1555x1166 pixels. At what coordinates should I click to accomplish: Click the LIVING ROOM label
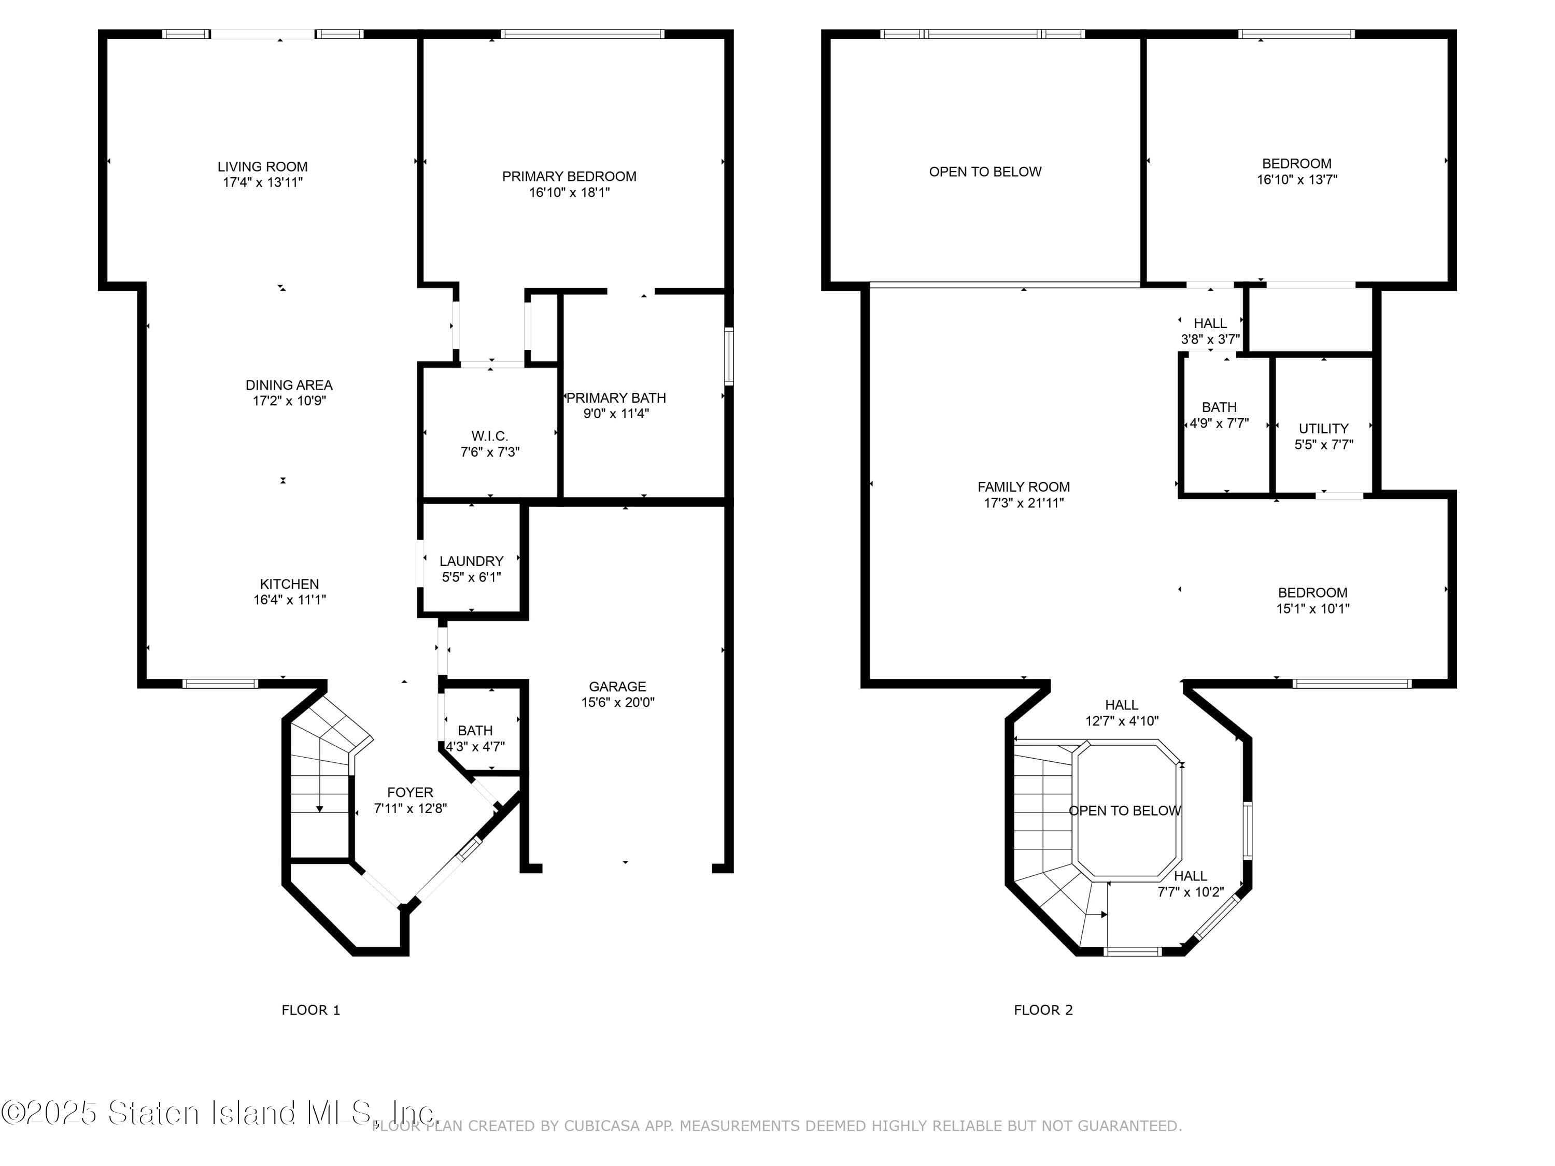262,166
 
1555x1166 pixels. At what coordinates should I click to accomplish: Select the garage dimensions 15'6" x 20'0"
618,702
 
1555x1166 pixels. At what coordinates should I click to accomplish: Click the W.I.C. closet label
490,436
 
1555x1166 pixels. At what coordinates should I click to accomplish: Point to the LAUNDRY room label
472,561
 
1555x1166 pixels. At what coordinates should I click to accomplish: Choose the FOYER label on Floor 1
411,792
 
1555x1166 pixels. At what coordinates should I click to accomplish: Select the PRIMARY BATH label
616,398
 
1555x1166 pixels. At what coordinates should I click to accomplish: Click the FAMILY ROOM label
1024,487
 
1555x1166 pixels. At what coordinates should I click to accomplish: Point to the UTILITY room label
1324,429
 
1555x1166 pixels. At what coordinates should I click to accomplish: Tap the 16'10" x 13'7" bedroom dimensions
1297,179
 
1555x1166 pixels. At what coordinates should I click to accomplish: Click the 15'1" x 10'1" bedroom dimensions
1313,609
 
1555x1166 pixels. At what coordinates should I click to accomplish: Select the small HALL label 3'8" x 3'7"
1210,323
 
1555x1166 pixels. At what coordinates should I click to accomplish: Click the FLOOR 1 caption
310,1010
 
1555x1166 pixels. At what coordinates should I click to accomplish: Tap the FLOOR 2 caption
1043,1010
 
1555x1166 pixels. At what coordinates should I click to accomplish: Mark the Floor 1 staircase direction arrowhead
320,809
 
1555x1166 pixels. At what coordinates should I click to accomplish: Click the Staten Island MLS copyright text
219,1113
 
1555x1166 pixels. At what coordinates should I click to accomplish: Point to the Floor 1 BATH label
475,731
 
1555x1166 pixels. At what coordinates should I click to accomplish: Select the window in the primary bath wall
729,357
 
